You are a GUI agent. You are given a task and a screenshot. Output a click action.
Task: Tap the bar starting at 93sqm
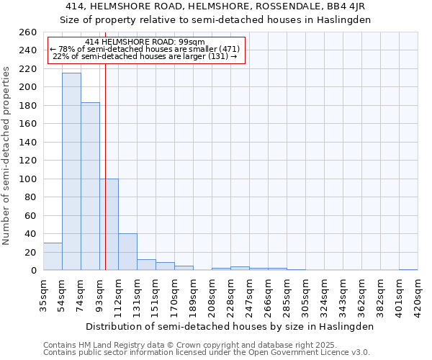coord(109,224)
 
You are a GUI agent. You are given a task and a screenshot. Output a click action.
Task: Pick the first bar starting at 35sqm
coord(53,256)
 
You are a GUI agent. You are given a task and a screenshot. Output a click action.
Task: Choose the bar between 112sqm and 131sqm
coord(127,252)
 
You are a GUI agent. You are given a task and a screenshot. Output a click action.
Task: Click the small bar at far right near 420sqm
coord(408,269)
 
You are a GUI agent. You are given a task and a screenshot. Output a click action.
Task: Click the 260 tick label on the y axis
coord(27,32)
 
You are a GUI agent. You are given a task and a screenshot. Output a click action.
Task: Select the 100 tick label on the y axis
coord(27,179)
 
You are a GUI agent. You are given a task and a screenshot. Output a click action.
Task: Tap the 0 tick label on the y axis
coord(33,271)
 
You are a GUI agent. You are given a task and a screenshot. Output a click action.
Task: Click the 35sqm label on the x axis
coord(43,295)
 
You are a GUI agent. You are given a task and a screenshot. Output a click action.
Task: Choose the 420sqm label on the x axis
coord(418,295)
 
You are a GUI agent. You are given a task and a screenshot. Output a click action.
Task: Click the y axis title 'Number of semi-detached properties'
coord(6,155)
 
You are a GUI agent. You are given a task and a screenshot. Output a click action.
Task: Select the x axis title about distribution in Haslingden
coord(230,326)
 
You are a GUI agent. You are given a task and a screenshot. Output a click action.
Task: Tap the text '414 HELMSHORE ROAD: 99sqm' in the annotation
coord(145,42)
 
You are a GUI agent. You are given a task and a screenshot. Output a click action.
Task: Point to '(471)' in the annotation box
coord(225,49)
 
